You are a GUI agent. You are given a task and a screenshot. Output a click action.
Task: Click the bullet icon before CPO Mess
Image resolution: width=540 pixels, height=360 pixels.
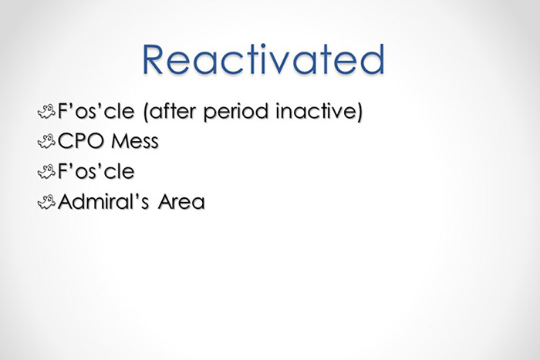coord(46,141)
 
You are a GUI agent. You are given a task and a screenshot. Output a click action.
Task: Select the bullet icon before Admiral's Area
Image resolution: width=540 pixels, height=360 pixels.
coord(46,203)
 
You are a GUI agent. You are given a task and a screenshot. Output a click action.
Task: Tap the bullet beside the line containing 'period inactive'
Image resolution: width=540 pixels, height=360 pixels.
coord(46,111)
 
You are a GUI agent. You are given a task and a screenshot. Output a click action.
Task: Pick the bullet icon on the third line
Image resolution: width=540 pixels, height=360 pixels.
coord(46,172)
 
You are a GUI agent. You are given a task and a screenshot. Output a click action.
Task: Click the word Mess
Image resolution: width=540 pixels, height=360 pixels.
coord(137,142)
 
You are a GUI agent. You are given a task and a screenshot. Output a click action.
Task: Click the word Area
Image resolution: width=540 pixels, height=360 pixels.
coord(181,204)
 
